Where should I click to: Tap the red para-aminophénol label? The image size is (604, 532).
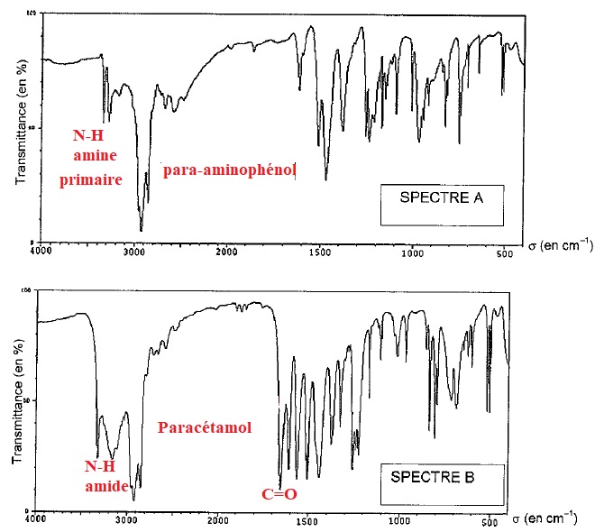coord(230,170)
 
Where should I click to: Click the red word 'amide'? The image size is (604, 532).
coord(106,486)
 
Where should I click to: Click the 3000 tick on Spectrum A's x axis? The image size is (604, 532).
coord(134,252)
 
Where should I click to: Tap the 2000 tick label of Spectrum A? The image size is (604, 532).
coord(226,252)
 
